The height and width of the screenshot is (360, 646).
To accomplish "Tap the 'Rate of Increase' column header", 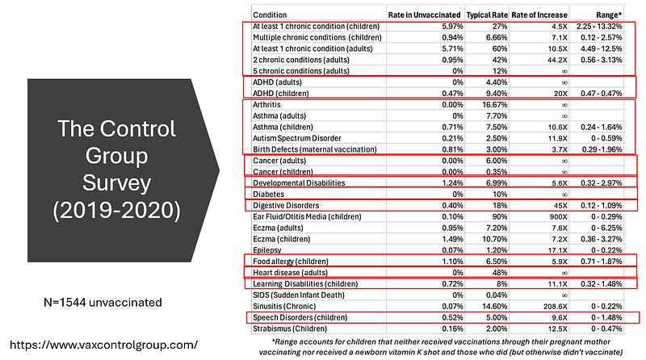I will [x=540, y=15].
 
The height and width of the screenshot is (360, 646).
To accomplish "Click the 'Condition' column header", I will [x=270, y=15].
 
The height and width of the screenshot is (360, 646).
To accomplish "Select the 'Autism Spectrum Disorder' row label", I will [x=299, y=138].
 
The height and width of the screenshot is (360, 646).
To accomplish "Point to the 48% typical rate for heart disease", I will [x=497, y=272].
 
